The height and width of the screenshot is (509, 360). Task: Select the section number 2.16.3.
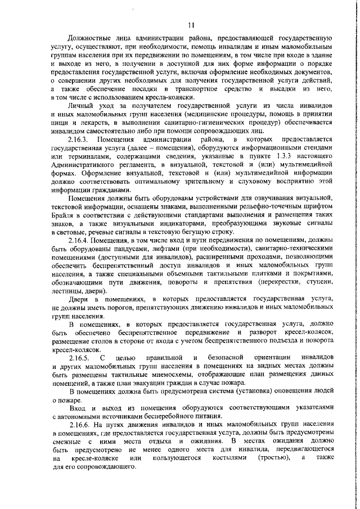click(79, 139)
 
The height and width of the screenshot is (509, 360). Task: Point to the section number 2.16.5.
click(79, 358)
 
